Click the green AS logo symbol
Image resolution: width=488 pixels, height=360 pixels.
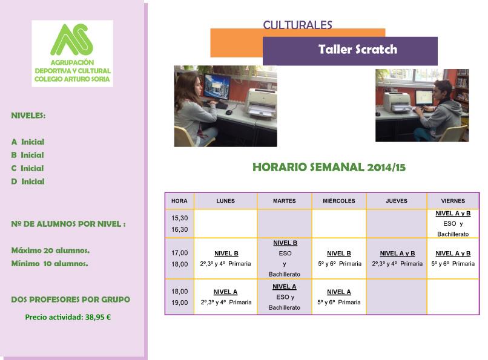(72, 39)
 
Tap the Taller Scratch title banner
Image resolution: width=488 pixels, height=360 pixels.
(350, 51)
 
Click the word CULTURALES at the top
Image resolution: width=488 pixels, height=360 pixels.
(297, 25)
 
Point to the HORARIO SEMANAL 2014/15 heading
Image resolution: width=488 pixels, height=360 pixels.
(329, 167)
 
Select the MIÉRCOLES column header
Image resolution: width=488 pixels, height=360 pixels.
(339, 201)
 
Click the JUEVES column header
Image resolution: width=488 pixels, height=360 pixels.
(397, 201)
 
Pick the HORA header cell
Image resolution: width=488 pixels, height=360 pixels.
(179, 201)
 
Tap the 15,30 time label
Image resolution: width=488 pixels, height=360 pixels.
(180, 218)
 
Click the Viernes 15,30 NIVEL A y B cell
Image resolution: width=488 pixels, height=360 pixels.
(453, 223)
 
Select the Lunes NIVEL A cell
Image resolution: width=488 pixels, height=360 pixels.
(226, 297)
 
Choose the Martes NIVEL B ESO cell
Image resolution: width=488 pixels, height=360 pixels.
(285, 258)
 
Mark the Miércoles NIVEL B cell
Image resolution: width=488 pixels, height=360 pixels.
(339, 258)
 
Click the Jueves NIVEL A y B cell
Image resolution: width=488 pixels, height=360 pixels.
(397, 258)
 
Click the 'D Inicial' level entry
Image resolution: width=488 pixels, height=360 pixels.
(28, 182)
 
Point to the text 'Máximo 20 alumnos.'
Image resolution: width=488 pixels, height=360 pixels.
(50, 250)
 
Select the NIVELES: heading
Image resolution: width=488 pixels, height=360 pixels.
(28, 116)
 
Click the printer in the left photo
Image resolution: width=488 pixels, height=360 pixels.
(261, 103)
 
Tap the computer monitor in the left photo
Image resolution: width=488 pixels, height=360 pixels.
(217, 87)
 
